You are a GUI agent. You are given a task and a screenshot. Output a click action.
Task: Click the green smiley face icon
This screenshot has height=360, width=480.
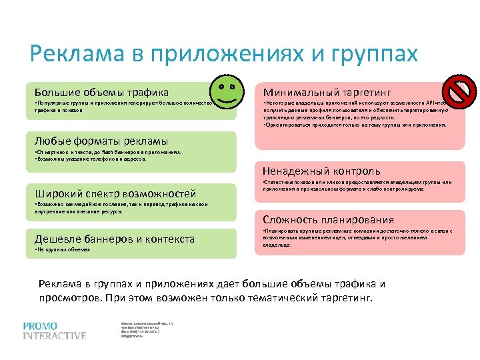coord(226,91)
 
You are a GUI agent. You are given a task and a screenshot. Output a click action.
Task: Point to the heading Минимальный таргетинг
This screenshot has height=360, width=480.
coord(327,92)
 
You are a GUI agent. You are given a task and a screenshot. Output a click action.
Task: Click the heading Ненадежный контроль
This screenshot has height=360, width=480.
coord(321,171)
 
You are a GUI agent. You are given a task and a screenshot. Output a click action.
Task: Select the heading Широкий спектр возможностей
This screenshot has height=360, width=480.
coord(115,193)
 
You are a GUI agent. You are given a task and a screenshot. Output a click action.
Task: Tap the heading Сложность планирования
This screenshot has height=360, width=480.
coord(328,219)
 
